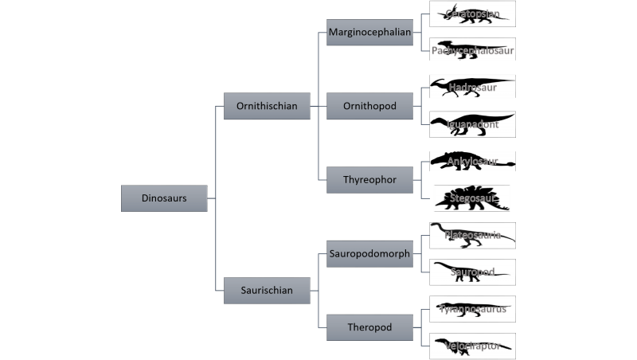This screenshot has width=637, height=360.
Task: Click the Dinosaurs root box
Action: point(164,198)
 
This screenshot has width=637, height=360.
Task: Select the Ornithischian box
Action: point(267,106)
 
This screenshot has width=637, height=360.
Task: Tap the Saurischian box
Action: point(267,291)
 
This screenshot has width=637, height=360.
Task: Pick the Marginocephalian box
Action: point(369,33)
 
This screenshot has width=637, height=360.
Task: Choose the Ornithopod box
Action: point(369,106)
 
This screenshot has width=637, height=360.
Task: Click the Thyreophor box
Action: point(369,180)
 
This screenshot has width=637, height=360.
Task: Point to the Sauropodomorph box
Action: point(369,254)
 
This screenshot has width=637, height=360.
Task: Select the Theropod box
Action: point(369,327)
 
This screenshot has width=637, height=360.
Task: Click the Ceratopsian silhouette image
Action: point(472,14)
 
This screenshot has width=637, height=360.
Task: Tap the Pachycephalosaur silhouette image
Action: point(472,50)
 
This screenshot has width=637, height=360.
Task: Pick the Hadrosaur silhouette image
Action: point(472,87)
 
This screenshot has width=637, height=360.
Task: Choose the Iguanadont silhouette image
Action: point(472,124)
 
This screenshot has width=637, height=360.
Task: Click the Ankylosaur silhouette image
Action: point(472,161)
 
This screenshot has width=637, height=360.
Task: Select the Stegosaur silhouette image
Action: point(471,198)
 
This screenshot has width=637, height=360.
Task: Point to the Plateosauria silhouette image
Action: point(472,235)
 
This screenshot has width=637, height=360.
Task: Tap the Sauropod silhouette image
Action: point(472,272)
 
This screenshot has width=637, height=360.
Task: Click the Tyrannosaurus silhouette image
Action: point(472,309)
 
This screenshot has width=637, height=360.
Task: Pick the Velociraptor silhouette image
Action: point(472,346)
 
